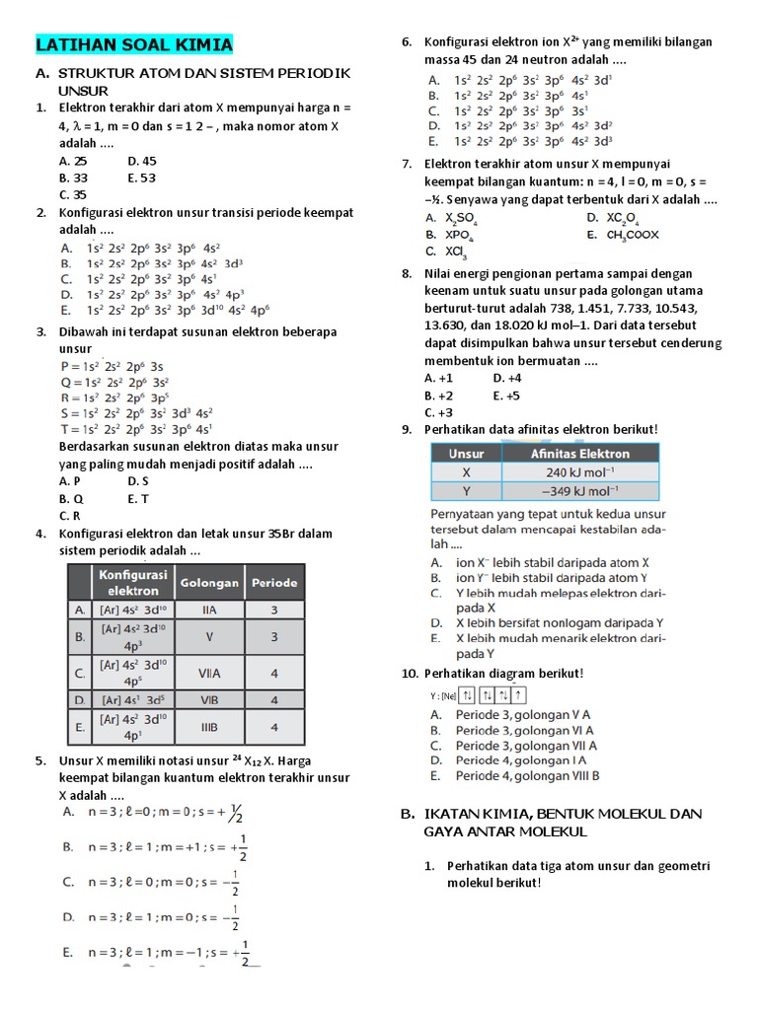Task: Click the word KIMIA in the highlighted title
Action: click(202, 45)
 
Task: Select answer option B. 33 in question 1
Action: click(73, 179)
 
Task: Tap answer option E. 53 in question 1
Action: click(142, 179)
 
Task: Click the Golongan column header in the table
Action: click(209, 582)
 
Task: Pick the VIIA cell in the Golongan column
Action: click(209, 674)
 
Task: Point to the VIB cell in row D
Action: click(209, 700)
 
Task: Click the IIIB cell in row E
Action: click(209, 728)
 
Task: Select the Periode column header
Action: click(273, 582)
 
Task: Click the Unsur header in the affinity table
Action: click(466, 454)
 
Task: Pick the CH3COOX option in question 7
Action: click(632, 235)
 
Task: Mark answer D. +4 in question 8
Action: click(506, 378)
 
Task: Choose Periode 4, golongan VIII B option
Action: click(527, 776)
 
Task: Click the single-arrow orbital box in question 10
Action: click(519, 696)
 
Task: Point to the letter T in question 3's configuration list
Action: click(64, 429)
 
